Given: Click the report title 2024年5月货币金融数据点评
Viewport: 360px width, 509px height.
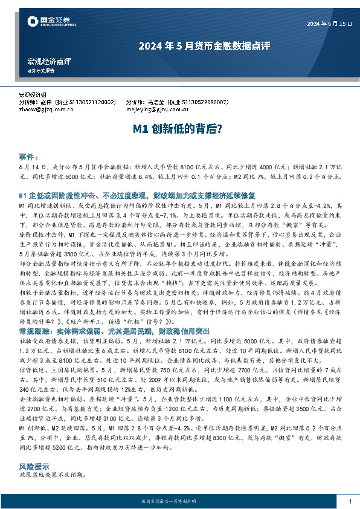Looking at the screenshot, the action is click(179, 45).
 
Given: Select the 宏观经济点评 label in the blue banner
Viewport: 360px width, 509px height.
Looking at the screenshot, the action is click(49, 62).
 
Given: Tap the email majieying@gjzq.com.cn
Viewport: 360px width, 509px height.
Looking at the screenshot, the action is click(157, 110).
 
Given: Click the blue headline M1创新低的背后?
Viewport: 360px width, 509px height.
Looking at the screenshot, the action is click(179, 129).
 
